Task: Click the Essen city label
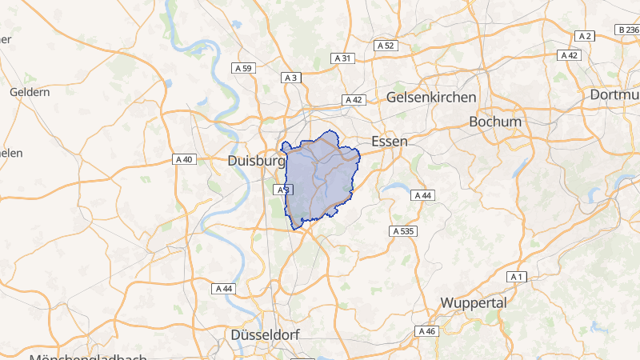(390, 141)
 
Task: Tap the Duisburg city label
(257, 161)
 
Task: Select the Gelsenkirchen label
(431, 97)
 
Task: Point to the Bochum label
(496, 122)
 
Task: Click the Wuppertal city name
(474, 303)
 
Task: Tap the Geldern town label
(30, 92)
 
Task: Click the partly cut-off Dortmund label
(615, 94)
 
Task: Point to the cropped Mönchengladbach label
(88, 357)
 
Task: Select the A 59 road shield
(244, 69)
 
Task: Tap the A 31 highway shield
(342, 58)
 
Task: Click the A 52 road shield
(386, 46)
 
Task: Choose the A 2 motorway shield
(586, 36)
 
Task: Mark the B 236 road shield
(629, 30)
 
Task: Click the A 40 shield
(184, 159)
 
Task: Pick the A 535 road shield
(404, 230)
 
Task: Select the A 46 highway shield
(426, 330)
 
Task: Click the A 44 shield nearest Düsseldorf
(223, 288)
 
